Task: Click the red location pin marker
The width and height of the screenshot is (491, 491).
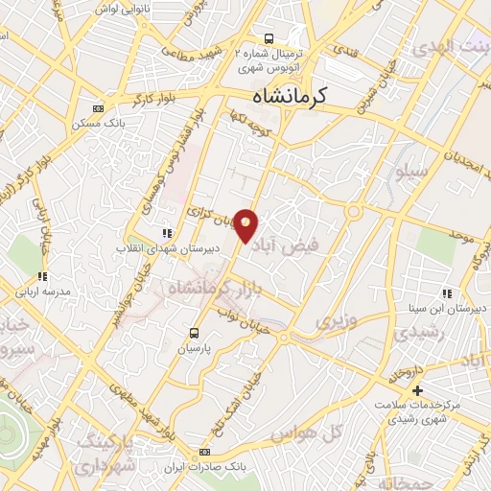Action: tap(246, 223)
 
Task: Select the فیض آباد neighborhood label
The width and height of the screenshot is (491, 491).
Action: tap(297, 245)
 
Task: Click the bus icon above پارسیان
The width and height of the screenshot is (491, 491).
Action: tap(195, 333)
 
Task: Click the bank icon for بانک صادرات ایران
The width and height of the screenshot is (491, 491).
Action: tap(203, 452)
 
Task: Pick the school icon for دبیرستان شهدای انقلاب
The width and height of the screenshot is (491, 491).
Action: tap(167, 232)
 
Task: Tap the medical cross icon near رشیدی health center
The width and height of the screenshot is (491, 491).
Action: tap(417, 390)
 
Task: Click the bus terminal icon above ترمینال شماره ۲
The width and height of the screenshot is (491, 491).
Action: tap(269, 38)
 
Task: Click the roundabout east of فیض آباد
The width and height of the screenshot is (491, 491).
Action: tap(354, 211)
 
